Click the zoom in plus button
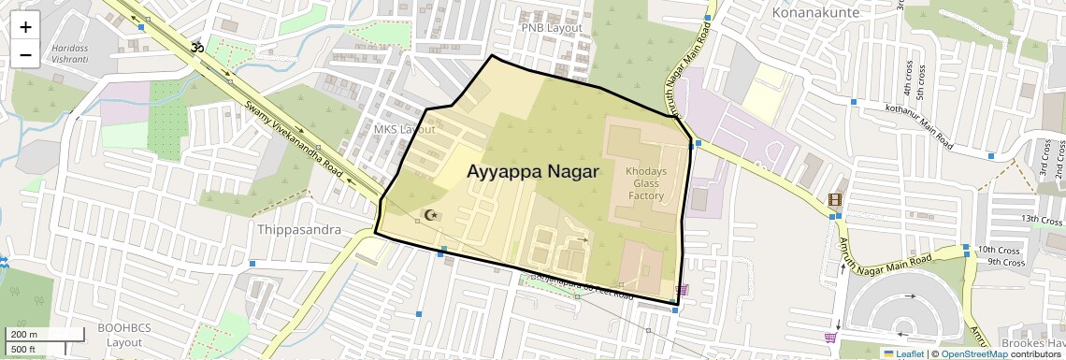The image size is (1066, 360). [25, 27]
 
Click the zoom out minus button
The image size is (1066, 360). [25, 55]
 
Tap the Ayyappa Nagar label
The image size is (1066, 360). [533, 172]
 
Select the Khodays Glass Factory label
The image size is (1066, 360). [645, 183]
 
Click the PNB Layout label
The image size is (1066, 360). [552, 28]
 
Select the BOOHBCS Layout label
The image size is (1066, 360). [123, 336]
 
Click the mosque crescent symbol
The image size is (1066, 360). [431, 215]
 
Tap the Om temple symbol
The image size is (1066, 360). [197, 46]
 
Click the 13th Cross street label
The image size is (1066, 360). [1042, 219]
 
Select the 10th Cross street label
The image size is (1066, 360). [998, 250]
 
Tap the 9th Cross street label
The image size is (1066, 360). [1006, 262]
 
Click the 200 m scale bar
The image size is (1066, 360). [24, 335]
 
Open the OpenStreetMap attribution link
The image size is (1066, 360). [973, 353]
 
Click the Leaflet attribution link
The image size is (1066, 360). [903, 353]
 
